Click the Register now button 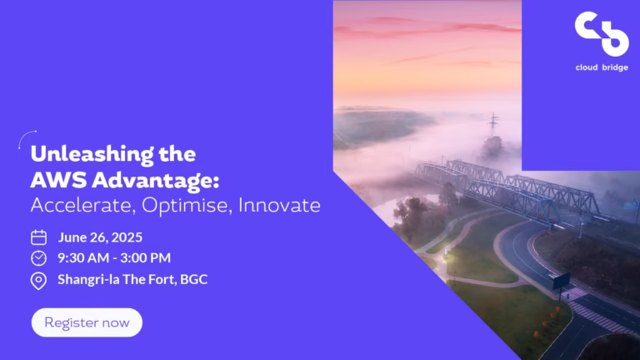pos(87,322)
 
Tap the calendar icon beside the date pos(39,237)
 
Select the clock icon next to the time pos(39,258)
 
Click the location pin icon pos(39,281)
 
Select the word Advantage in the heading pos(155,181)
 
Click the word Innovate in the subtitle pos(280,205)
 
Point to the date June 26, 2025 pos(100,237)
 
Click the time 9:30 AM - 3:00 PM pos(114,258)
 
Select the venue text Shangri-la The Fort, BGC pos(132,280)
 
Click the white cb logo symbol pos(602,34)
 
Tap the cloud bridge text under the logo pos(602,67)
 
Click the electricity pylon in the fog pos(493,124)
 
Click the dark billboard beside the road pos(561,281)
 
